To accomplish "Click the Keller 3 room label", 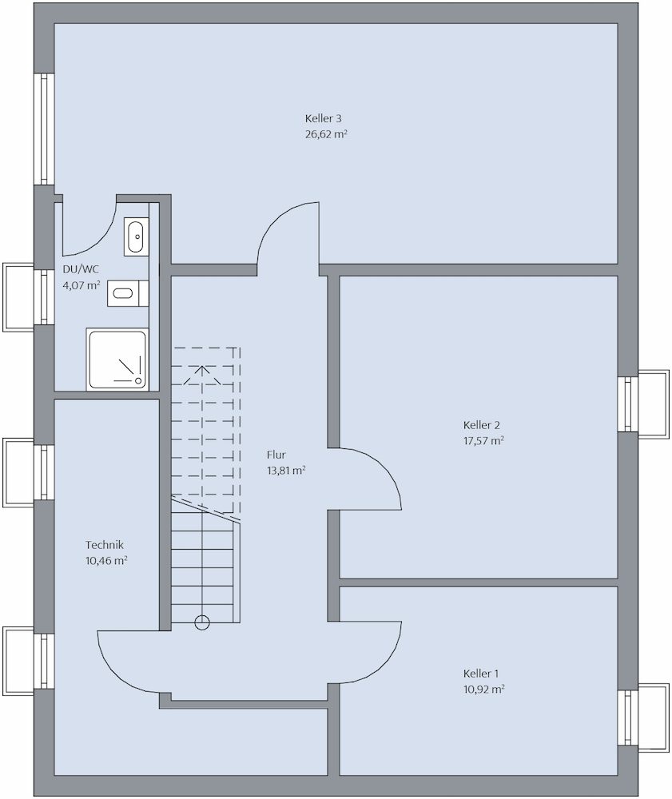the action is click(323, 119).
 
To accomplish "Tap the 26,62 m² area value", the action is click(326, 134).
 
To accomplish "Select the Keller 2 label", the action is click(482, 425).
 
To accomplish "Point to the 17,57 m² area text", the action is click(483, 441).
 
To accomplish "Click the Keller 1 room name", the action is click(481, 674).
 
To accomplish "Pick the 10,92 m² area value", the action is click(484, 690).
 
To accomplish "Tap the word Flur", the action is click(276, 455).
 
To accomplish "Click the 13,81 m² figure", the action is click(286, 471).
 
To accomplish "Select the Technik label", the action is click(105, 545).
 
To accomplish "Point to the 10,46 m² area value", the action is click(106, 561).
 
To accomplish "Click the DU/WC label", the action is click(81, 269).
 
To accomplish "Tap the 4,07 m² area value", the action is click(81, 285).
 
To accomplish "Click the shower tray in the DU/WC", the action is click(117, 360).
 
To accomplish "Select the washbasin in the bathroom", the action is click(136, 237).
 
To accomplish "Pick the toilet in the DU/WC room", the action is click(128, 293).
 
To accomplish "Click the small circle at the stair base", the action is click(202, 622).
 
